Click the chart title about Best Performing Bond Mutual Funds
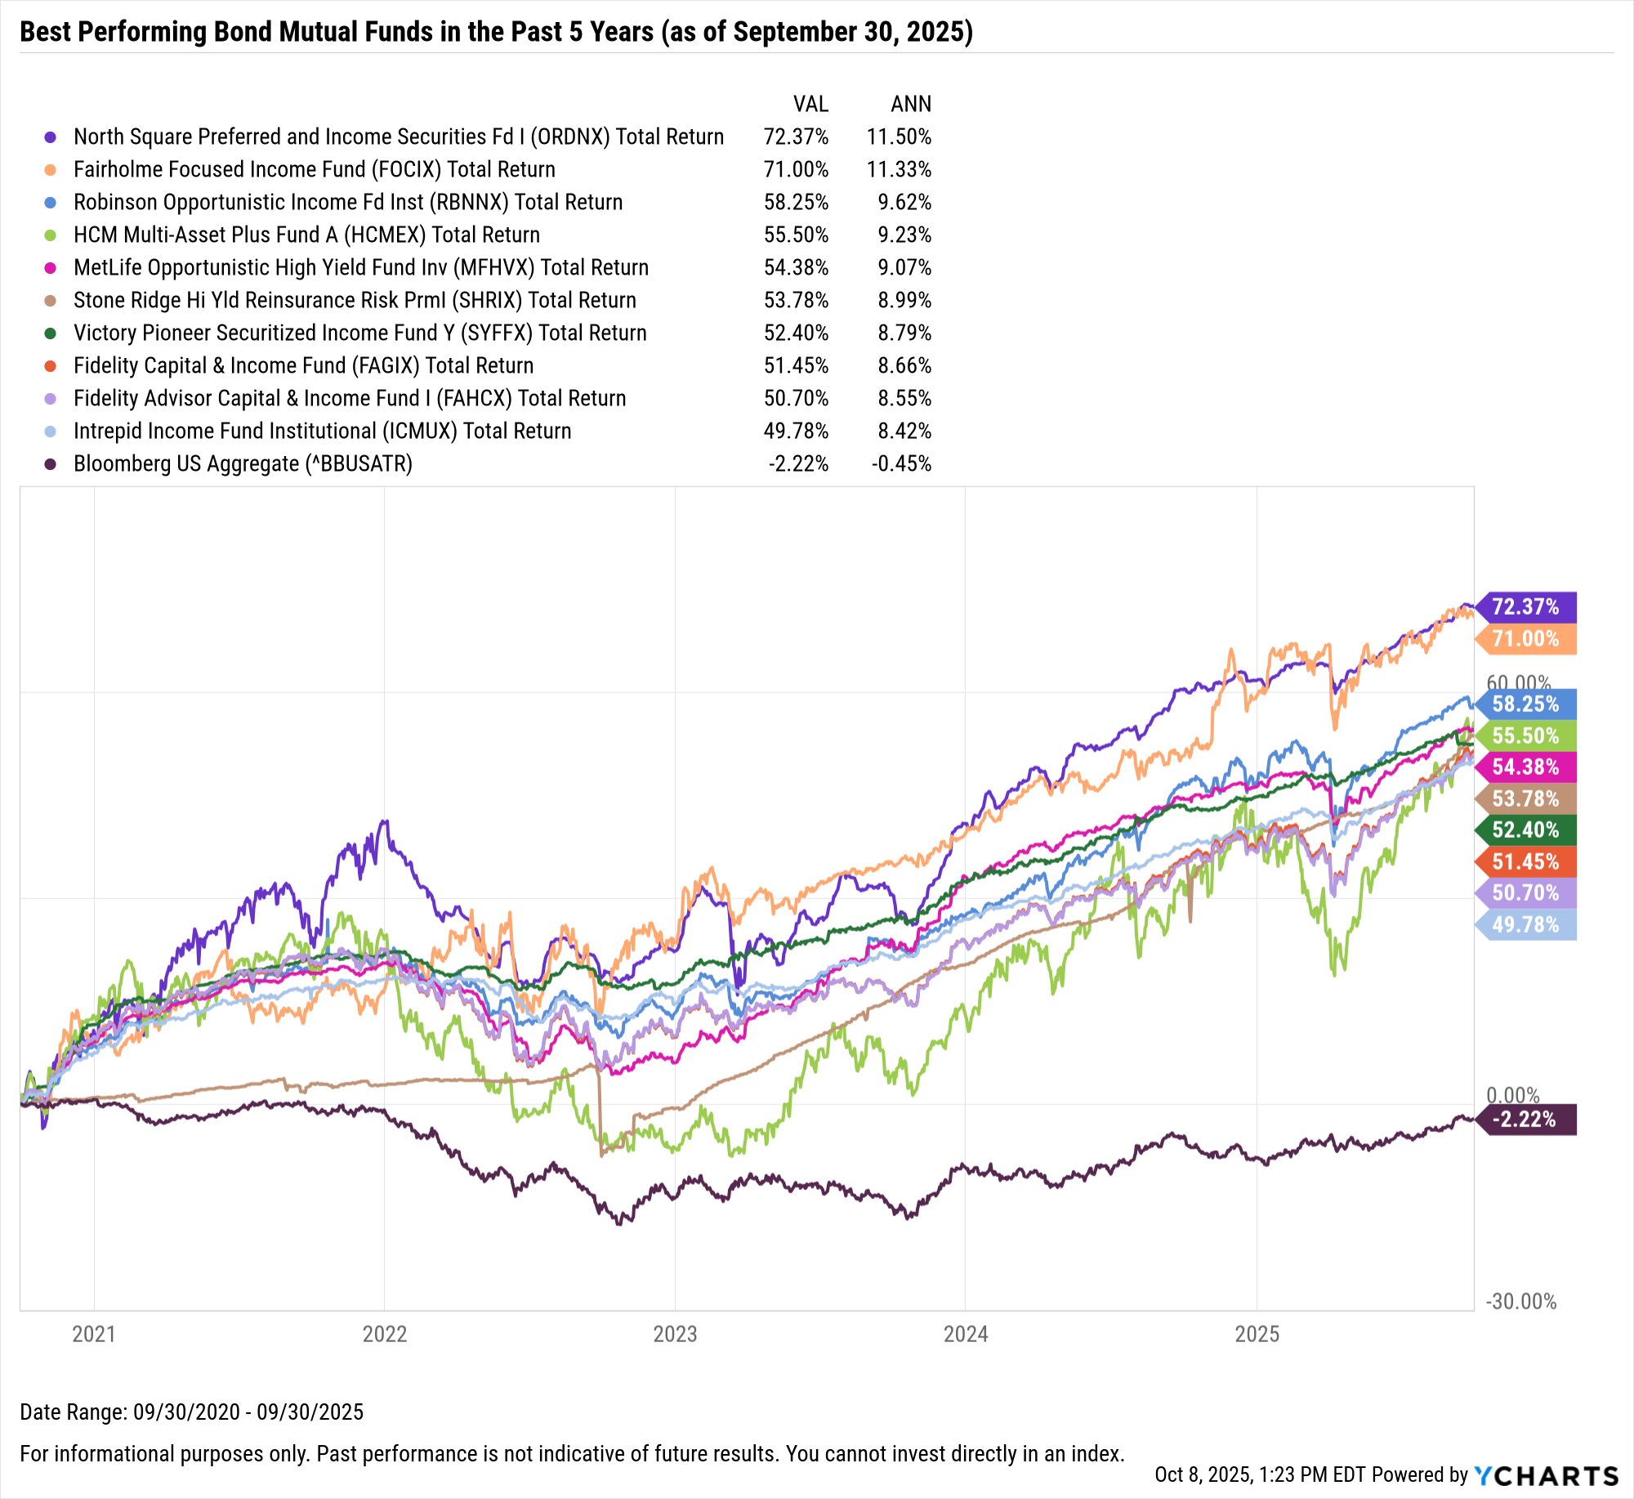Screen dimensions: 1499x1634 [x=496, y=32]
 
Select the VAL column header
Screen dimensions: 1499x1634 [x=810, y=104]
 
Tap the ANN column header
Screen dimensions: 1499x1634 [x=910, y=104]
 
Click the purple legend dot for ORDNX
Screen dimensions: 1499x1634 [x=51, y=137]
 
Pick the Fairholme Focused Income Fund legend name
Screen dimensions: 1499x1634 [x=314, y=169]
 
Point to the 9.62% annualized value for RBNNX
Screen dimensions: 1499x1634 [x=904, y=202]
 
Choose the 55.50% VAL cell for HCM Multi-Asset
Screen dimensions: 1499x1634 [x=796, y=235]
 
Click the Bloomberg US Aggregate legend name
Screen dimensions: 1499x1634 [x=243, y=463]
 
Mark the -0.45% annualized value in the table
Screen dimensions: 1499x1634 [x=900, y=463]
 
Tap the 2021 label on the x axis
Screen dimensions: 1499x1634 [x=94, y=1334]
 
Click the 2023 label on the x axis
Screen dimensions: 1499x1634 [x=675, y=1334]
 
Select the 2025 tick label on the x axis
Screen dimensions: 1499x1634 [x=1257, y=1334]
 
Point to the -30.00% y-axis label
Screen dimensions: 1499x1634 [x=1520, y=1301]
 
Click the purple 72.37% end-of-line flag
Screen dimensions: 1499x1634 [x=1525, y=607]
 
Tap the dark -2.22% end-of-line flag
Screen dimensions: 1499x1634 [x=1525, y=1119]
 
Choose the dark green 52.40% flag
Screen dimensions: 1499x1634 [x=1525, y=830]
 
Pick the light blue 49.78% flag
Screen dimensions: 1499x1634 [x=1525, y=925]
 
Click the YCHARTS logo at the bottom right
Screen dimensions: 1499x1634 [x=1546, y=1475]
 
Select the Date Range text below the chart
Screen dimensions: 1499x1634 [x=191, y=1412]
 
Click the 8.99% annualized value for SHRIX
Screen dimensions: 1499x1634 [x=904, y=300]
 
